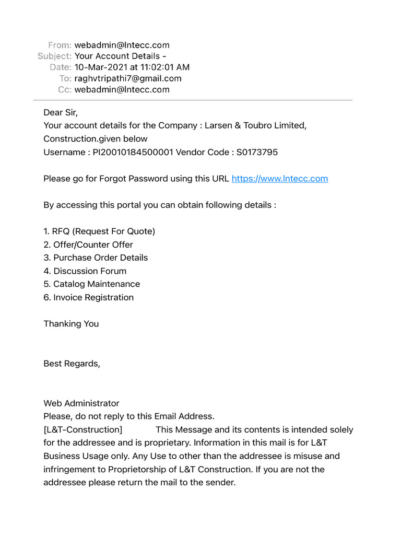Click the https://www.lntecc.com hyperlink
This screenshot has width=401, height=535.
279,179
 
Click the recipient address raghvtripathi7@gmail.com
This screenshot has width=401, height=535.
128,78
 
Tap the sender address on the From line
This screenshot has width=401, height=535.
122,45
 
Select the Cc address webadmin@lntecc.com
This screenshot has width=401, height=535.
122,89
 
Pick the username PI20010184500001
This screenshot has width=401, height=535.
133,152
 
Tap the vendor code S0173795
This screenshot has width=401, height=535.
257,152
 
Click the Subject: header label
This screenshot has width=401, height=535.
54,56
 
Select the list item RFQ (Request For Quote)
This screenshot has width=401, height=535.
99,231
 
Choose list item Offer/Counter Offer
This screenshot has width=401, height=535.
88,245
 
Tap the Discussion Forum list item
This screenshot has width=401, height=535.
85,271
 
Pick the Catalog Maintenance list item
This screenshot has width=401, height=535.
91,284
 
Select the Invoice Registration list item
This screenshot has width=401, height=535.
88,297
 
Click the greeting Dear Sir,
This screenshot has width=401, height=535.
61,112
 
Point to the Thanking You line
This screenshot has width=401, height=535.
71,324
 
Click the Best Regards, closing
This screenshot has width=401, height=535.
72,364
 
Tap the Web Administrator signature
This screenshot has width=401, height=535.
81,403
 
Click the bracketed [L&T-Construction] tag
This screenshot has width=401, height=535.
83,430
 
